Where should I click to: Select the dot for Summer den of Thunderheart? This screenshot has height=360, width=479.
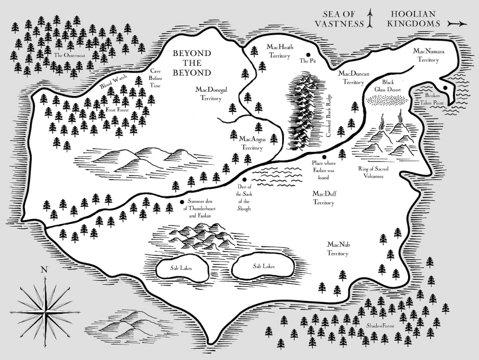pyautogui.click(x=182, y=202)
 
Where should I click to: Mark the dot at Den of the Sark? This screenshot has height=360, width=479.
pyautogui.click(x=244, y=180)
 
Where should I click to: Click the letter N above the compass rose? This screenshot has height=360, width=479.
pyautogui.click(x=43, y=270)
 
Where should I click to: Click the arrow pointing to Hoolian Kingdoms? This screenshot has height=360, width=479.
pyautogui.click(x=457, y=23)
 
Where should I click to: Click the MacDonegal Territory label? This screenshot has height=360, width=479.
pyautogui.click(x=212, y=94)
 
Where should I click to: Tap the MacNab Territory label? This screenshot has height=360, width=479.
pyautogui.click(x=338, y=249)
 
